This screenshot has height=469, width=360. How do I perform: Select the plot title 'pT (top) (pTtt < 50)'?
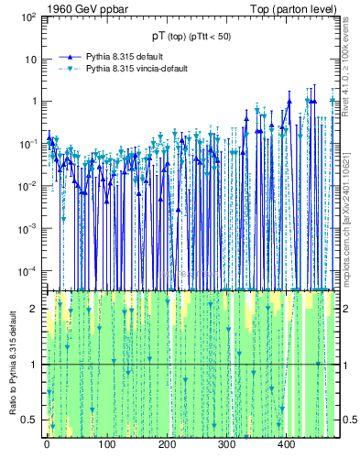tap(191, 36)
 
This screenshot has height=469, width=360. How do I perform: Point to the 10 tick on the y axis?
tap(29, 60)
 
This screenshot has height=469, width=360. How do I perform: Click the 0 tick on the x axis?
tap(47, 446)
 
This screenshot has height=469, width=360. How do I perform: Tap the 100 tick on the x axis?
tap(106, 446)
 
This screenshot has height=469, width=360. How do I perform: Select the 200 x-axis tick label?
tap(167, 446)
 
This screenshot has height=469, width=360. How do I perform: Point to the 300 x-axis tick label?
tap(226, 446)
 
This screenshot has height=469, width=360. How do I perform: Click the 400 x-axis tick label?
tap(287, 446)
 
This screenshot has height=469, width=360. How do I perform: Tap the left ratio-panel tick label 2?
tap(34, 309)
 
